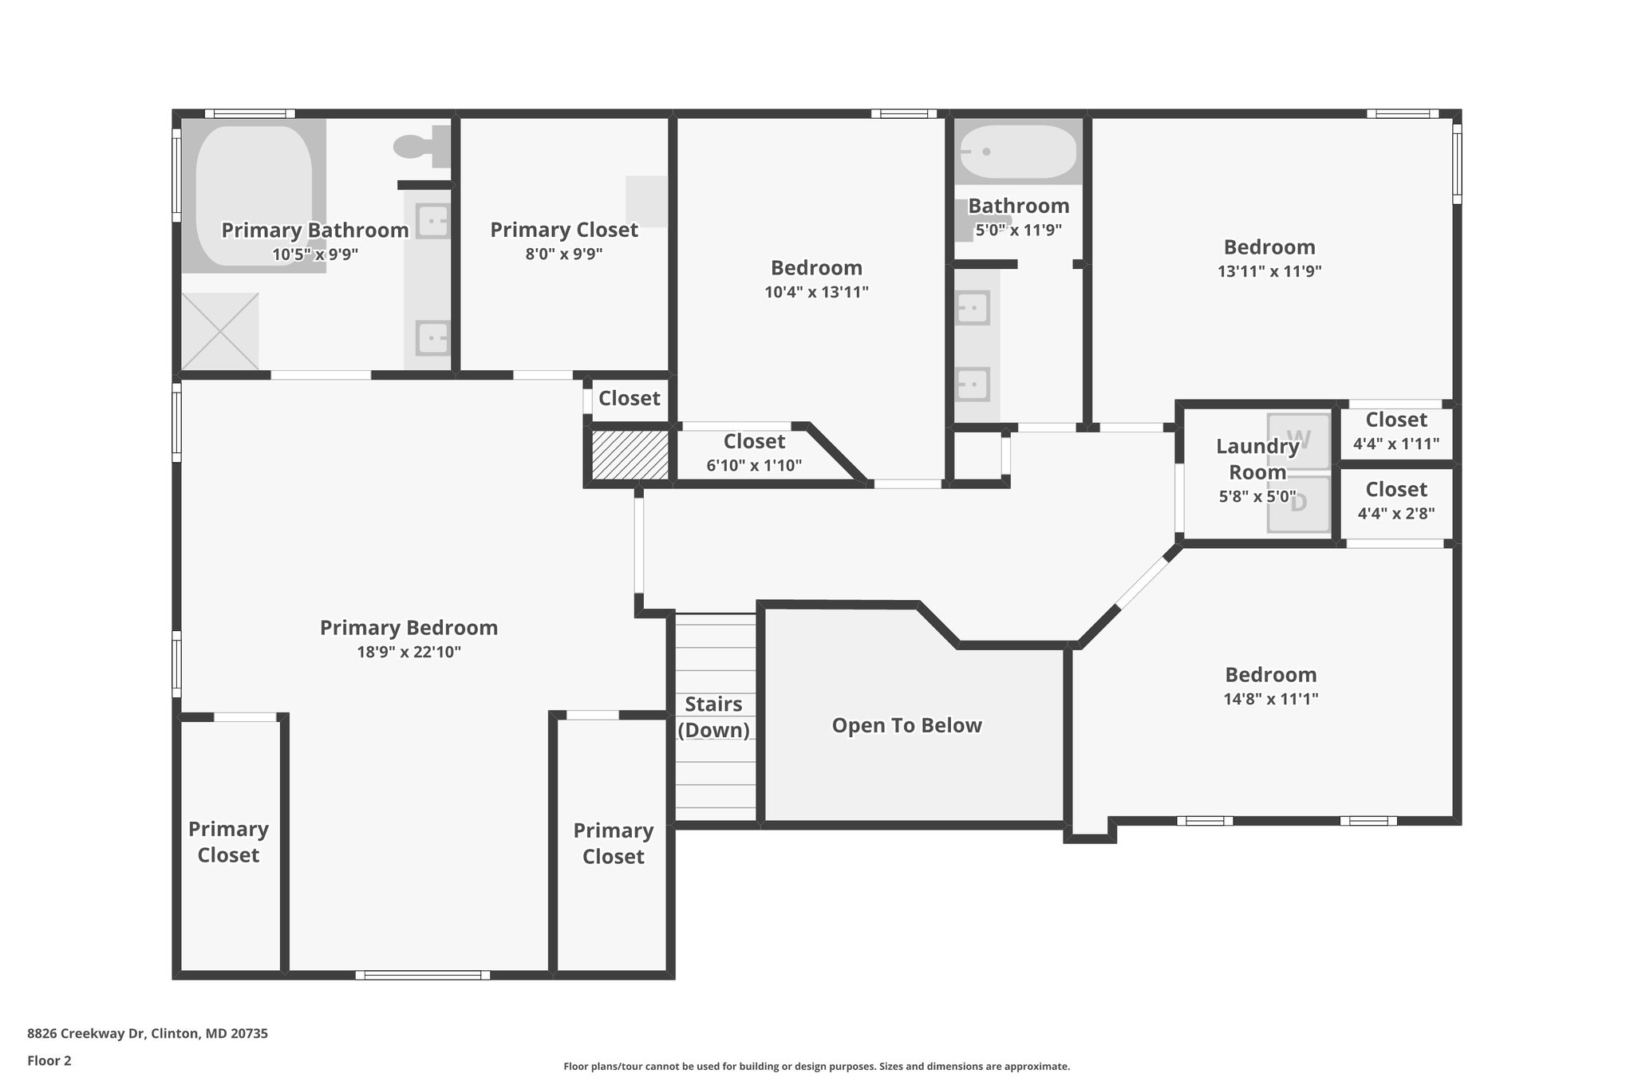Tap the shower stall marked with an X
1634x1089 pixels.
(220, 331)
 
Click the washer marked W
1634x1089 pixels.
(1299, 439)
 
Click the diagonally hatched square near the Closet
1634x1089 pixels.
(629, 456)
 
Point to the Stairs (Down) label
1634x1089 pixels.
(713, 716)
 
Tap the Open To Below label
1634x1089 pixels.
(906, 725)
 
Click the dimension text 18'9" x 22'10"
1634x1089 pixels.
(408, 652)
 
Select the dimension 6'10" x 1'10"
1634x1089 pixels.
(754, 465)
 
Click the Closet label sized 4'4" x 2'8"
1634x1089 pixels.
(1396, 489)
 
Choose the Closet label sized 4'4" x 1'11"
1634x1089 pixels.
(1396, 420)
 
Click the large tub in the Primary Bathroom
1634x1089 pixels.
(253, 195)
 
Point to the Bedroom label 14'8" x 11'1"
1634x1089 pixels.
(1271, 675)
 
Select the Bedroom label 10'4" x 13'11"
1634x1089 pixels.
(816, 268)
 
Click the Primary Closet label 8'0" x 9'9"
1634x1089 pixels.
(563, 230)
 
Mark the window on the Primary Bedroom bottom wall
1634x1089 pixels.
(422, 974)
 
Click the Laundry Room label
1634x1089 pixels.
(1257, 459)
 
